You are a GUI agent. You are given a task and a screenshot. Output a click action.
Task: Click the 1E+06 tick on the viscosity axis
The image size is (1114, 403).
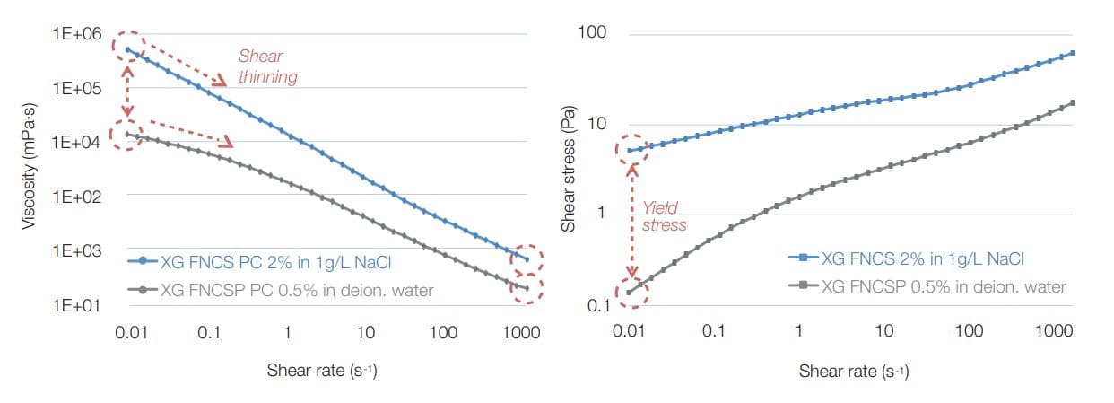(77, 34)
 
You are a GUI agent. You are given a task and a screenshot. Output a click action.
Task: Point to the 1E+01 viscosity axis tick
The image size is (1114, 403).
(77, 305)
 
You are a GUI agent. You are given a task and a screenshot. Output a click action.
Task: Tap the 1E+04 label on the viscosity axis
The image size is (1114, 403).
(77, 142)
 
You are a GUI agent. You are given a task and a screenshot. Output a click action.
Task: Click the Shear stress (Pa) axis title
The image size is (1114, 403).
(568, 171)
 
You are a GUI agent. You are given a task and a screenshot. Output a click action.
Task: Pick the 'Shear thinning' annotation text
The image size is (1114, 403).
(267, 67)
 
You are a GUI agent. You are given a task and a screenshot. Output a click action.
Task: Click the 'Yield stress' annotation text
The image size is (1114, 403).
(665, 216)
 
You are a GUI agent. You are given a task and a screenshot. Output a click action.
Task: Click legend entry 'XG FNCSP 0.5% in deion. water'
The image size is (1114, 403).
(933, 287)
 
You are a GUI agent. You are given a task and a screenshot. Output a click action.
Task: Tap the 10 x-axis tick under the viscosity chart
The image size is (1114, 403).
(365, 333)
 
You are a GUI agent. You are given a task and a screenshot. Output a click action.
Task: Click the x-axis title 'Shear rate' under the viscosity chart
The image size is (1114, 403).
(321, 370)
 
